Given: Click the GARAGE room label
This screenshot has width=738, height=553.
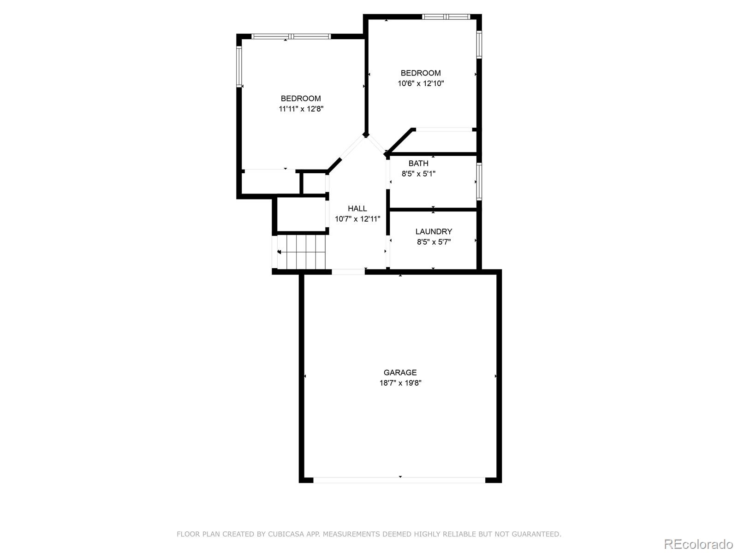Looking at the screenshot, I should coord(400,372).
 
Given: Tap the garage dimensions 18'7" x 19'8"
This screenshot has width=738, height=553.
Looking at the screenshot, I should coord(400,383).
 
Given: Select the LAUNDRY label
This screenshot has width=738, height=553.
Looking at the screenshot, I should coord(434,231).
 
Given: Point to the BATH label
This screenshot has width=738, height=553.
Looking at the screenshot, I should coord(418,163).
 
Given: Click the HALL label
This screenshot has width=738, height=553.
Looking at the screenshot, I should coord(357,208).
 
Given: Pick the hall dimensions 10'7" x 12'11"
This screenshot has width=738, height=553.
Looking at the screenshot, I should coord(357,219).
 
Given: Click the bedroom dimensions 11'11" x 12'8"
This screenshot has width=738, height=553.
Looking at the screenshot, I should coord(301,109).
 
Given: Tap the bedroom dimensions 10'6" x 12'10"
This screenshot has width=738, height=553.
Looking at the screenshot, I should coord(421,83).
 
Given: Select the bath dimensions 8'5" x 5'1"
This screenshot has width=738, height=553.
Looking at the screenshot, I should coord(418,174).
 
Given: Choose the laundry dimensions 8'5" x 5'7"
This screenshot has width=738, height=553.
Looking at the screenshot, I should coord(434,242).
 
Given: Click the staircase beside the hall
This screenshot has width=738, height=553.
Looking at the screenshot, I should coord(302,252).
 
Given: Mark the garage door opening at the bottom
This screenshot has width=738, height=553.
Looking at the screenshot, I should coord(399,480).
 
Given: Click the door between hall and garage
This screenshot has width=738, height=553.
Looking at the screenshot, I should coord(348,272).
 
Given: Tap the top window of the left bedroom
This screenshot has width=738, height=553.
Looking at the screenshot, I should coord(291,36).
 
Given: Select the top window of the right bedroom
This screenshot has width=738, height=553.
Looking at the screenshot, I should coord(446,17).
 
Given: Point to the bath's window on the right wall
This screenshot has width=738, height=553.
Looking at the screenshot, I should coord(479,182).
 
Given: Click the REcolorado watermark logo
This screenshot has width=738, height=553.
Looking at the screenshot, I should coord(698,544).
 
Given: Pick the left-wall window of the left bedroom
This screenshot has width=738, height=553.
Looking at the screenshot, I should coord(239,66).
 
